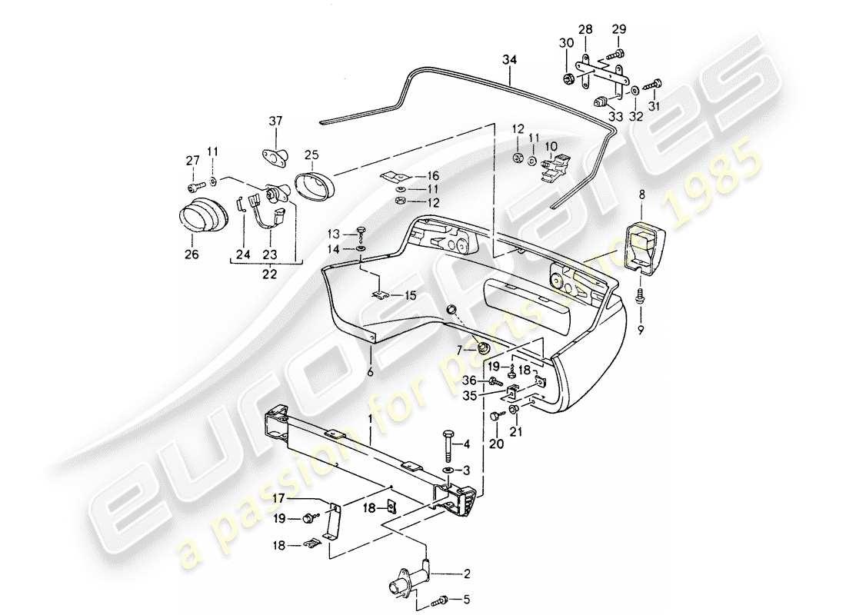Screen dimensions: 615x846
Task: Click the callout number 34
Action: [508, 59]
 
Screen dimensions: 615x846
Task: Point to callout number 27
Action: [192, 160]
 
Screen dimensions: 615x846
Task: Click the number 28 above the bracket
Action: [585, 29]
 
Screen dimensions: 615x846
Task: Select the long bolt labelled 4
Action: [449, 444]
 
